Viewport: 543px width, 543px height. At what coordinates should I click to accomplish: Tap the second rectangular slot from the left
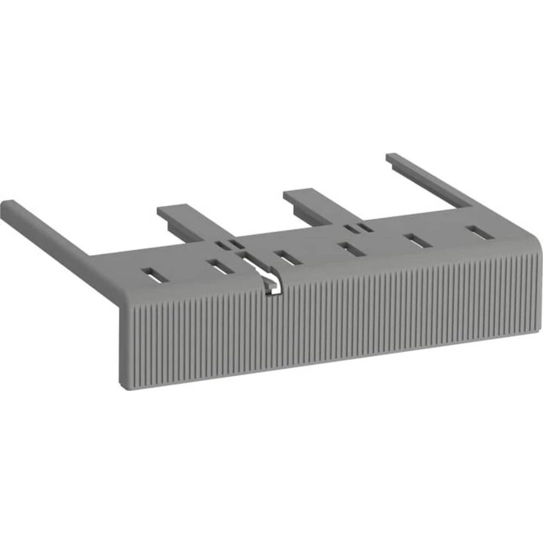click(220, 266)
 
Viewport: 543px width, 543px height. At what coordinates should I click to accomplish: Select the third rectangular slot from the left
click(288, 257)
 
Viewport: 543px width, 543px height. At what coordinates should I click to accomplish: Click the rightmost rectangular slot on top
click(481, 232)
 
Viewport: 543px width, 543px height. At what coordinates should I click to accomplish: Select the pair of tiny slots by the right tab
click(359, 228)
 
